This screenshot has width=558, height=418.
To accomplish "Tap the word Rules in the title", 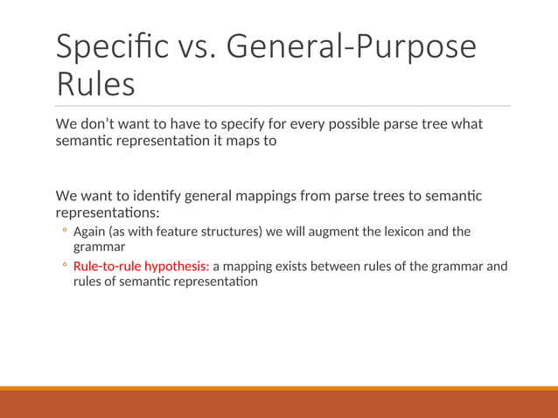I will click(95, 85).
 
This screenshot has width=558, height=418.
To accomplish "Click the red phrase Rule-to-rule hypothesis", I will click(141, 266).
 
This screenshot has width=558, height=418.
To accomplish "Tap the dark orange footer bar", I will click(279, 404).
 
